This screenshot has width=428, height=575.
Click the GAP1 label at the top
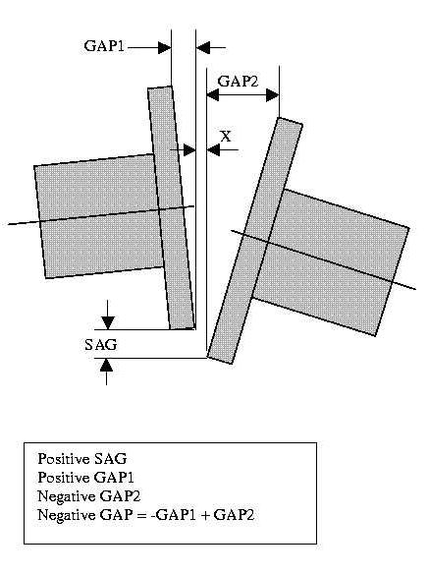click(x=104, y=46)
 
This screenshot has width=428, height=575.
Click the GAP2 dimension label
click(x=238, y=81)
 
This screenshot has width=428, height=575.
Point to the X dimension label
click(x=226, y=137)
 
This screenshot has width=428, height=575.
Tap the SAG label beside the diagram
click(x=101, y=345)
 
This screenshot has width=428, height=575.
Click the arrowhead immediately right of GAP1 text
click(x=164, y=48)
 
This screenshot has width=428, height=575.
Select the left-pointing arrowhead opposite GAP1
click(x=203, y=48)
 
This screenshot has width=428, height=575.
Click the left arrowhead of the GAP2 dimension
click(x=213, y=95)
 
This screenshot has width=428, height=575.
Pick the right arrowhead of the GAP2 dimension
click(x=273, y=95)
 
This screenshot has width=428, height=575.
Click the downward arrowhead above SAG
click(x=108, y=322)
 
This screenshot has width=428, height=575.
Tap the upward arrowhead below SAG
click(x=107, y=366)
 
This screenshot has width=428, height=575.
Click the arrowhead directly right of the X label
click(x=213, y=149)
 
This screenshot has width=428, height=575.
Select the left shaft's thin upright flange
click(x=171, y=207)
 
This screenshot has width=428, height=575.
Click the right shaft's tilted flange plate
click(x=255, y=241)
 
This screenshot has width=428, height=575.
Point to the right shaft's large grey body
click(x=332, y=262)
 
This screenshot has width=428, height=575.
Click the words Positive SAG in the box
click(x=82, y=459)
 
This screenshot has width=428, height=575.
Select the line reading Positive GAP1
click(x=86, y=478)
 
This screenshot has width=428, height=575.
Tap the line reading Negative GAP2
click(x=89, y=496)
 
